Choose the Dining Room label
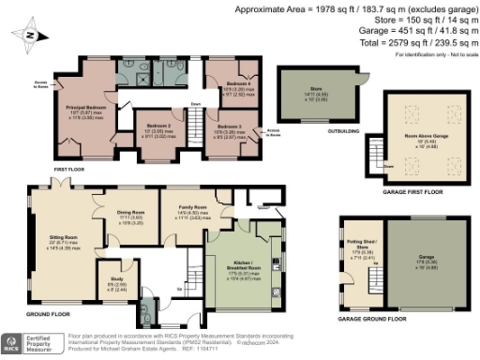click(130, 212)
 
